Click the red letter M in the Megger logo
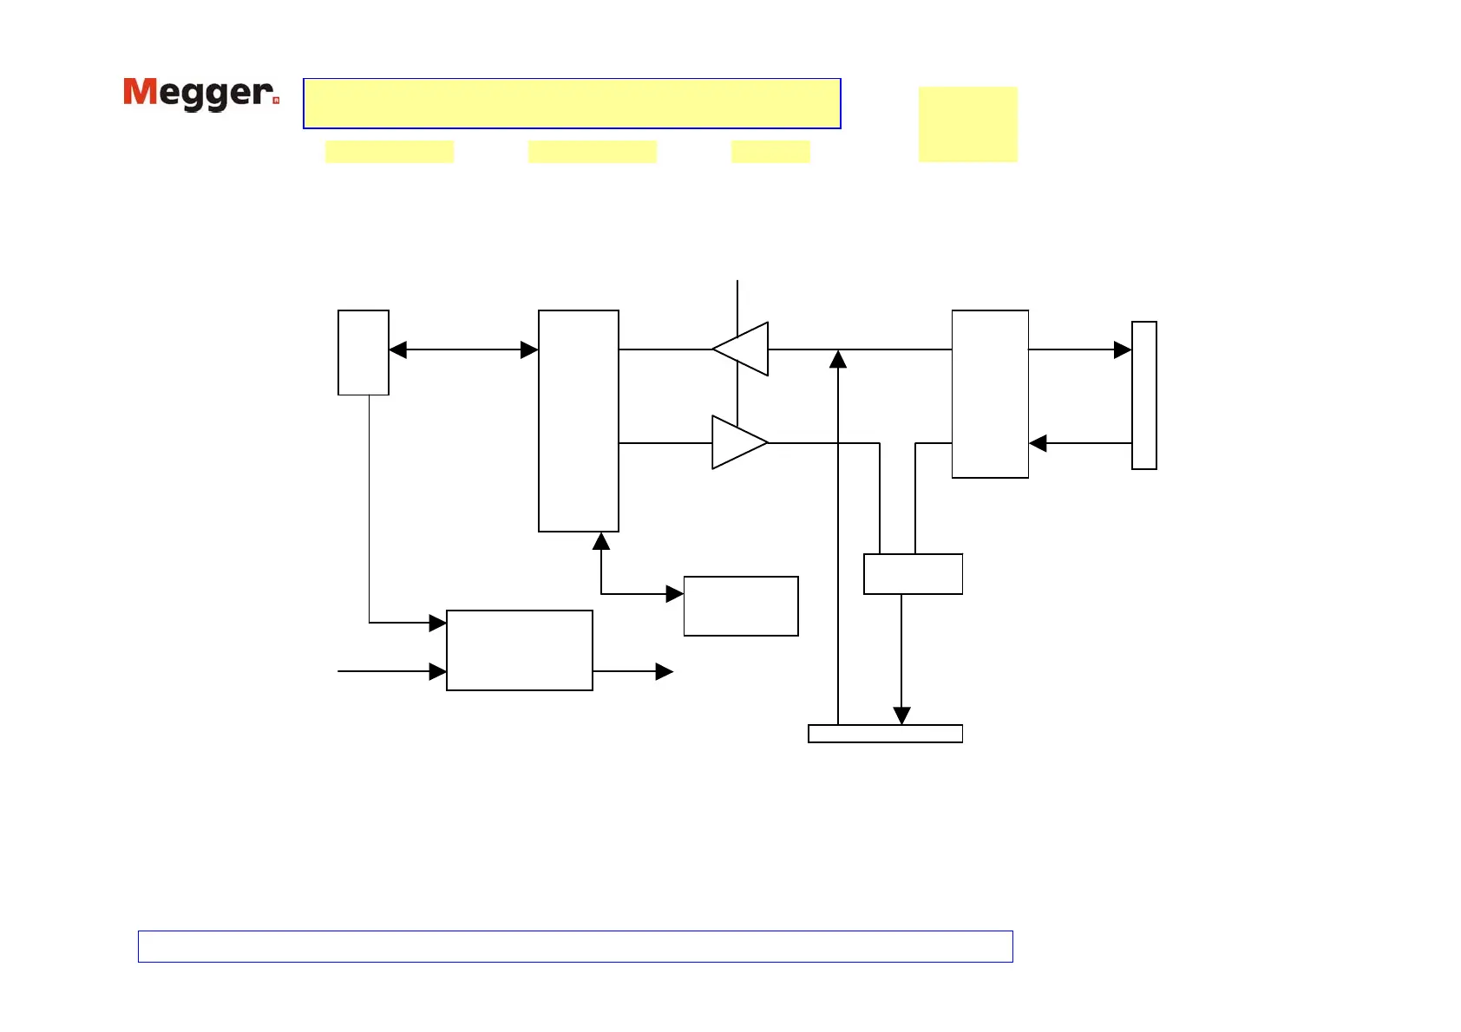(141, 92)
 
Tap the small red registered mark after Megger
(276, 101)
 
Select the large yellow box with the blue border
(572, 103)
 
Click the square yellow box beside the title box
(967, 124)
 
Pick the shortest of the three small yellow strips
(770, 152)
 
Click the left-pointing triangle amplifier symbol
(743, 349)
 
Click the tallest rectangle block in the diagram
(579, 421)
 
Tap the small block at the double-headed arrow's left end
(364, 352)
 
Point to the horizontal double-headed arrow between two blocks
(463, 349)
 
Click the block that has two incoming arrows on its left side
(520, 650)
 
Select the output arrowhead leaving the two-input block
(665, 671)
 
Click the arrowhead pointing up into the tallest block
(601, 541)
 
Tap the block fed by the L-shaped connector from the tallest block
(741, 606)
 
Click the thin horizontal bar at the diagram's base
(885, 734)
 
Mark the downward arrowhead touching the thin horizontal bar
(901, 715)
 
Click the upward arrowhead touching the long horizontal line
(838, 359)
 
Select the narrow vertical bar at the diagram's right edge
(1144, 395)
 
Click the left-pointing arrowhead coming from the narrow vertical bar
(1038, 443)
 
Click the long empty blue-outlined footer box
(575, 946)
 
